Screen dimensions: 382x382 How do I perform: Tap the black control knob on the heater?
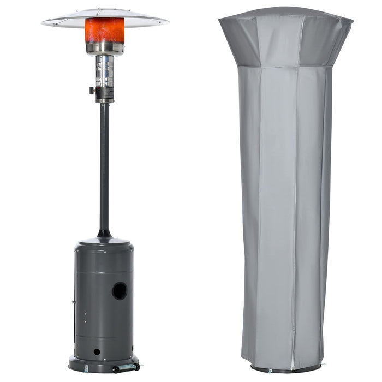(92, 91)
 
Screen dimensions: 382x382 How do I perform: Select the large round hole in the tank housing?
(120, 291)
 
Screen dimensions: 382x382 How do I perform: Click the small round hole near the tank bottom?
(97, 351)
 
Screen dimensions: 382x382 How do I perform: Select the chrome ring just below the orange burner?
(105, 49)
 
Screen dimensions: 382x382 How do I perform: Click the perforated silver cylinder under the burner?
(105, 71)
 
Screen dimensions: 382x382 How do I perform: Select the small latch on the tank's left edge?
(73, 301)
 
